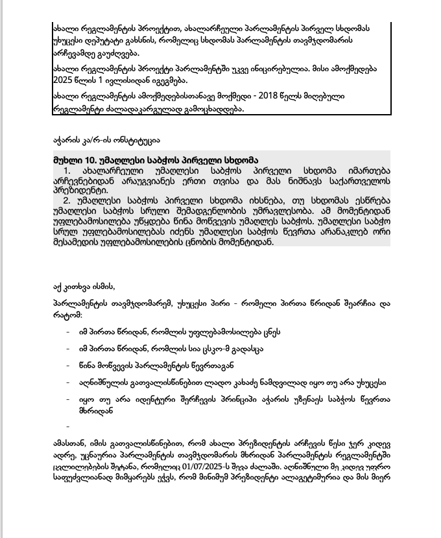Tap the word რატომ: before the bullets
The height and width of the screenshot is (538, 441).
[67, 315]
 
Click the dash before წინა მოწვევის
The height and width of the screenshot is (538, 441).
[68, 365]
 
